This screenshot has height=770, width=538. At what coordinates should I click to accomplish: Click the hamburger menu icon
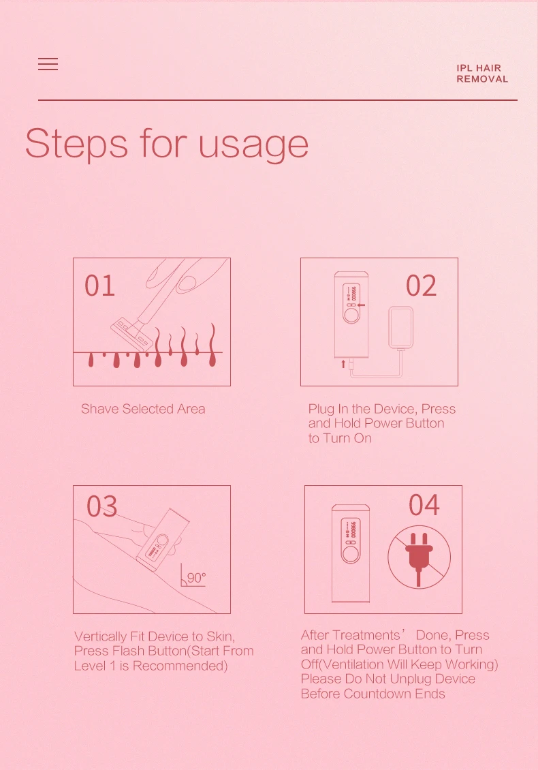48,64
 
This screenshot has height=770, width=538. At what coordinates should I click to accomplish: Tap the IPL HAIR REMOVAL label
482,74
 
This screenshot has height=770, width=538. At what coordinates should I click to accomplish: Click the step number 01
99,286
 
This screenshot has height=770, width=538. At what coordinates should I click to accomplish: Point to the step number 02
421,286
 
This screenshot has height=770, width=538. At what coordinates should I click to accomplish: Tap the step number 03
102,506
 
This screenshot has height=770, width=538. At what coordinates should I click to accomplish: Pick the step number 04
424,505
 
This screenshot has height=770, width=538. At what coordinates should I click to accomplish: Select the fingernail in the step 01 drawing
186,283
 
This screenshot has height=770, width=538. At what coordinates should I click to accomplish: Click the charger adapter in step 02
400,328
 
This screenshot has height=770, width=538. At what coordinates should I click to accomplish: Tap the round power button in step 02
351,315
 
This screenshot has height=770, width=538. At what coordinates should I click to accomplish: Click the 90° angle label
196,578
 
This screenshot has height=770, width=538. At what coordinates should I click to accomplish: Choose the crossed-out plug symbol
420,557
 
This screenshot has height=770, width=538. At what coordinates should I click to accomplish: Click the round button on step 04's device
351,554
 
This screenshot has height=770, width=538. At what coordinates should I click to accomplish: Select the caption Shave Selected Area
143,409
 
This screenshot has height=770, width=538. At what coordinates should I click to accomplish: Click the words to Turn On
340,438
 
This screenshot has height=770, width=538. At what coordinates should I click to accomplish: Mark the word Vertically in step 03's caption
101,637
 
